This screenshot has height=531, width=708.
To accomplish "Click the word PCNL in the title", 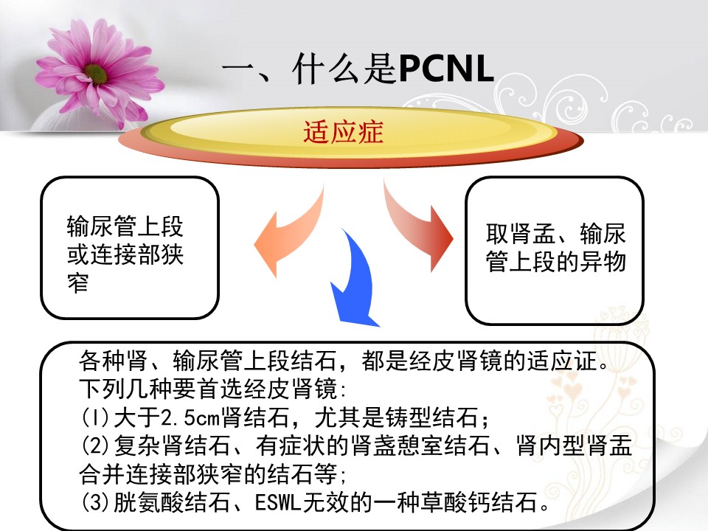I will [x=445, y=71].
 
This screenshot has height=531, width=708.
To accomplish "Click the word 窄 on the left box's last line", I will [x=77, y=282].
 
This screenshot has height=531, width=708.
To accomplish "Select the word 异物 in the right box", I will [x=605, y=262].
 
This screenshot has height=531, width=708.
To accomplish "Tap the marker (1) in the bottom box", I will [x=94, y=419].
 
